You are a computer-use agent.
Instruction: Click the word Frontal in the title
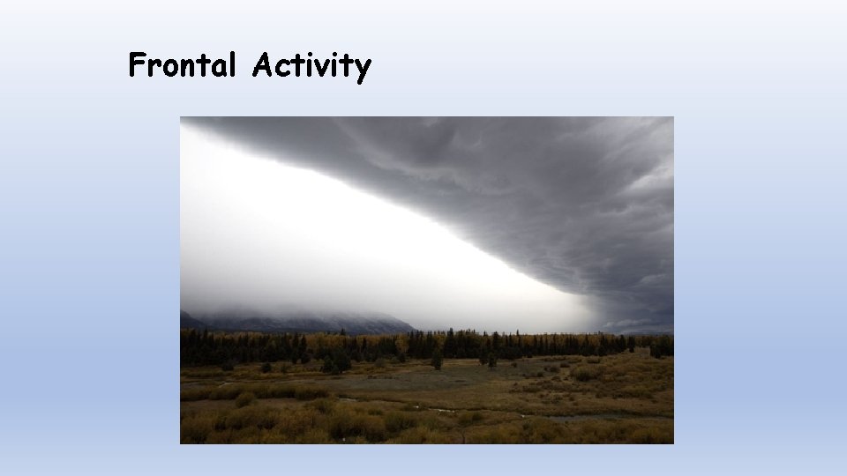point(183,65)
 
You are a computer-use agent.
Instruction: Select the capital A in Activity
point(262,65)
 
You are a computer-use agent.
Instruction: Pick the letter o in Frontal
point(172,68)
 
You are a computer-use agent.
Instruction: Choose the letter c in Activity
point(281,68)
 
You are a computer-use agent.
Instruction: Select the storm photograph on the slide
point(427,280)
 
